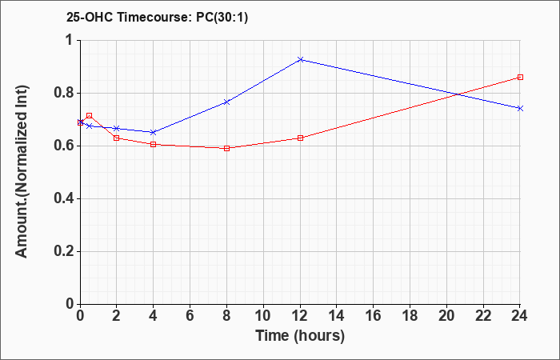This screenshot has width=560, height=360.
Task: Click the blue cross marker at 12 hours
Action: point(300,60)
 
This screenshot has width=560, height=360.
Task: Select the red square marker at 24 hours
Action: point(520,77)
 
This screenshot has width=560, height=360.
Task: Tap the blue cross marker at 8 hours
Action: point(226,102)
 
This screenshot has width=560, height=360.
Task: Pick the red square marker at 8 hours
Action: point(226,148)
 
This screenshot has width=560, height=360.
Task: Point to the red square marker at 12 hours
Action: point(300,138)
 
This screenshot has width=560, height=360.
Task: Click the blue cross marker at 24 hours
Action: point(520,108)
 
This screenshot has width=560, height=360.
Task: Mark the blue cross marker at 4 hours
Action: point(154,133)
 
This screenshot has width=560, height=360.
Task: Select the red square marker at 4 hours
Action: point(154,144)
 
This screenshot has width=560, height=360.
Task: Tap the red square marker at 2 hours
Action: point(117,138)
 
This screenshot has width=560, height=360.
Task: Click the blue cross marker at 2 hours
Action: point(117,128)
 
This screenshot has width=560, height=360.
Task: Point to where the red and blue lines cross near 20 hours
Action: point(458,94)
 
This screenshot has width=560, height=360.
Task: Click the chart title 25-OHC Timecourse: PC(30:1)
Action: point(157,17)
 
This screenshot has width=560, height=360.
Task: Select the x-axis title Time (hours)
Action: point(300,336)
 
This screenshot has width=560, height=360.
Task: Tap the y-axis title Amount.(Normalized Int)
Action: point(22,171)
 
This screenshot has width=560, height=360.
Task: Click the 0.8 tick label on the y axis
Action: point(63,94)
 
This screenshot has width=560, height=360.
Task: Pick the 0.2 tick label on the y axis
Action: point(63,251)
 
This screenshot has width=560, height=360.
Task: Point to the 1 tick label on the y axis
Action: point(70,40)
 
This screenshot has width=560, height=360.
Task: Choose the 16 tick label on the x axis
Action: point(374,316)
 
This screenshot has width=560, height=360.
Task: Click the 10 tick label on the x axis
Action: point(263,316)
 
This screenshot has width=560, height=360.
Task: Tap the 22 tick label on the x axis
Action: point(483,316)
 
